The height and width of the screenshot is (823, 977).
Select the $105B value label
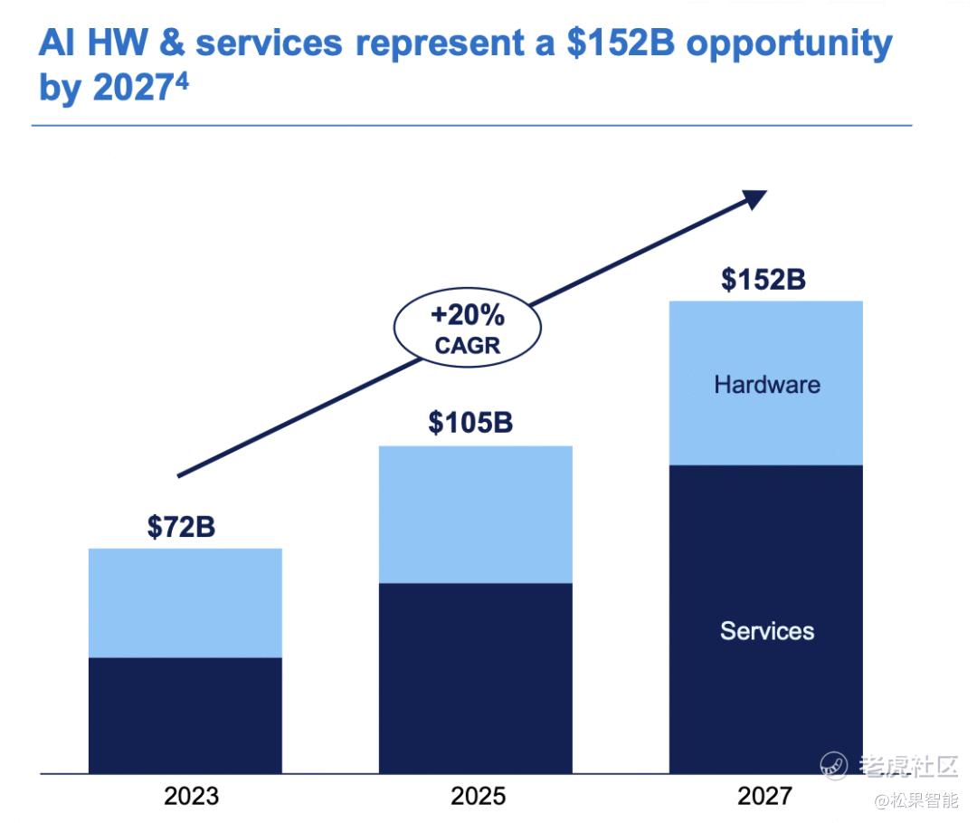470,422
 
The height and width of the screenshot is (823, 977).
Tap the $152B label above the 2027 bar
764,279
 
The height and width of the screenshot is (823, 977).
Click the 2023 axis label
191,796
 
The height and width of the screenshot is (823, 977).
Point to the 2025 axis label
478,796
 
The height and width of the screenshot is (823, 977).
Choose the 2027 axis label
764,796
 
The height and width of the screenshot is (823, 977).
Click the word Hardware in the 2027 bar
766,384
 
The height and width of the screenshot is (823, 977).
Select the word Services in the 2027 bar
766,630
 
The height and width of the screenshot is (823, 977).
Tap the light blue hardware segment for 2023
185,603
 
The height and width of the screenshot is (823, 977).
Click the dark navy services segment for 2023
185,715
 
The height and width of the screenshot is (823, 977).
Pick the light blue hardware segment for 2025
475,514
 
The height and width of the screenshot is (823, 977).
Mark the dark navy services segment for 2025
475,678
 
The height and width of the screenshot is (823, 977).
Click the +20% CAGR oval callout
467,330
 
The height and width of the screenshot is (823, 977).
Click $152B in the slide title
620,43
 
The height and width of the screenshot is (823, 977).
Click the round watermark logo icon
834,765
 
